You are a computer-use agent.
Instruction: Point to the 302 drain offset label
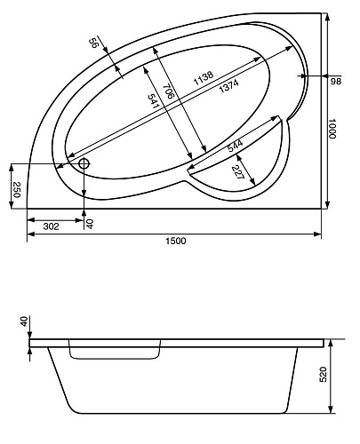click(52, 226)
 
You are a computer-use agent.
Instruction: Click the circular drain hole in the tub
click(84, 163)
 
